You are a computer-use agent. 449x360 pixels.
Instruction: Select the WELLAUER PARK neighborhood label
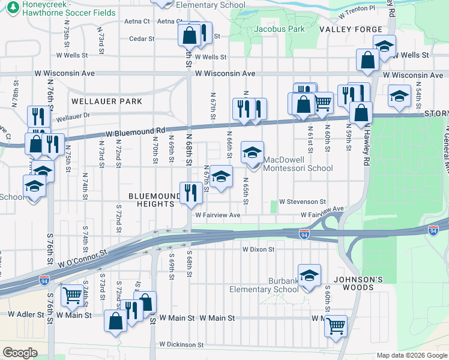click(x=107, y=101)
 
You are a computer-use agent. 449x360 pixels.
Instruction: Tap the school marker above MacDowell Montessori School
click(x=253, y=152)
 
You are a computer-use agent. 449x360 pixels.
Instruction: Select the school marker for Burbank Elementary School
click(x=310, y=275)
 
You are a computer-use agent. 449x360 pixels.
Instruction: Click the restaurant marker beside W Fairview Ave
click(x=190, y=193)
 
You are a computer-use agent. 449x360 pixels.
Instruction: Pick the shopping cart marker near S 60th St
click(x=336, y=326)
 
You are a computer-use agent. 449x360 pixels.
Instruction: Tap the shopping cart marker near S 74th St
click(x=72, y=295)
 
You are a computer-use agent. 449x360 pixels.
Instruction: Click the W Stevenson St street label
click(x=302, y=202)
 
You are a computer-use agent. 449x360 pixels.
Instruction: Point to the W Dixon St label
click(x=258, y=249)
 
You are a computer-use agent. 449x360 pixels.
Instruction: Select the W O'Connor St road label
click(x=82, y=259)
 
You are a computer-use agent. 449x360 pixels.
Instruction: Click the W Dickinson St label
click(x=181, y=345)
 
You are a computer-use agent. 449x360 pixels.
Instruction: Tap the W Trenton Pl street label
click(x=357, y=11)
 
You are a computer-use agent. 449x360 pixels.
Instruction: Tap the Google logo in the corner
click(x=20, y=352)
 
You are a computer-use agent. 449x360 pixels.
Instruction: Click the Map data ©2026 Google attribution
click(x=411, y=355)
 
